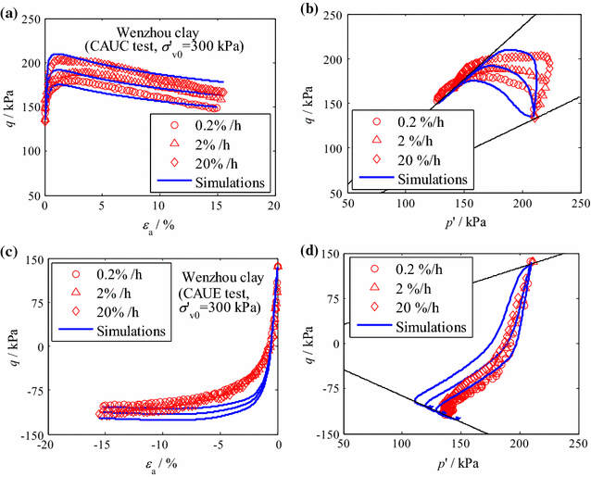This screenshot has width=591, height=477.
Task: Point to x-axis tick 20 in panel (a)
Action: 274,205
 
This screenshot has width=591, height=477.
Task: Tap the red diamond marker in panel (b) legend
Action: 378,157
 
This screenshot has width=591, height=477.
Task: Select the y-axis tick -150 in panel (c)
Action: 28,434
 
